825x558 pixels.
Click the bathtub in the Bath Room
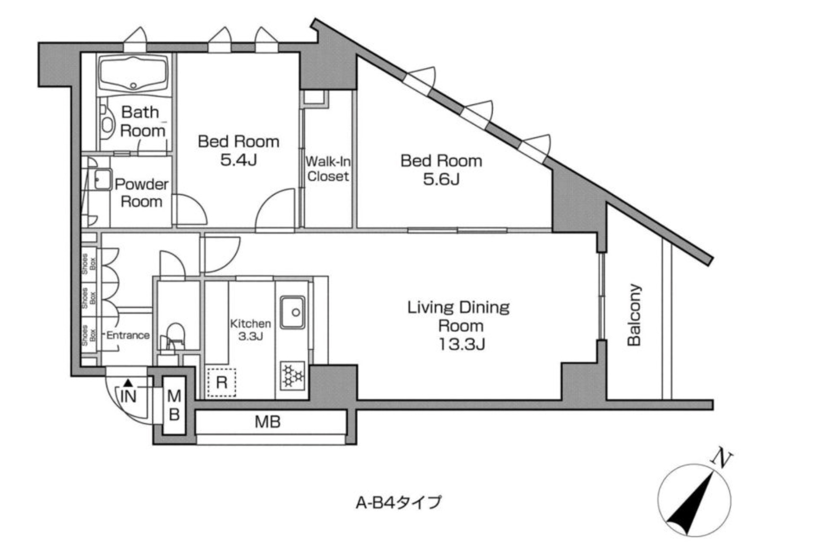(x=133, y=74)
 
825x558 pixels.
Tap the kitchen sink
(x=293, y=312)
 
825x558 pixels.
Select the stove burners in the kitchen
(x=293, y=376)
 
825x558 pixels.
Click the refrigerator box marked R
(x=221, y=382)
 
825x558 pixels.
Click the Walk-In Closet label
(x=328, y=169)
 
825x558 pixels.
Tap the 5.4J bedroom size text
(x=238, y=160)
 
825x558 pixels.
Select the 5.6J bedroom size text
(x=441, y=179)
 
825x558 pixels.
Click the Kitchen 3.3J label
(x=250, y=329)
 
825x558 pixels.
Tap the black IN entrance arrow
(x=127, y=382)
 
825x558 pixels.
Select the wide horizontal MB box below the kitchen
(x=268, y=422)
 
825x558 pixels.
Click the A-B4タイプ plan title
(x=398, y=502)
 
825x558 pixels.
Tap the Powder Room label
(x=141, y=193)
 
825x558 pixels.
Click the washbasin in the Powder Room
(x=101, y=179)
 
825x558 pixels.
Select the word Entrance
(x=128, y=335)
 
